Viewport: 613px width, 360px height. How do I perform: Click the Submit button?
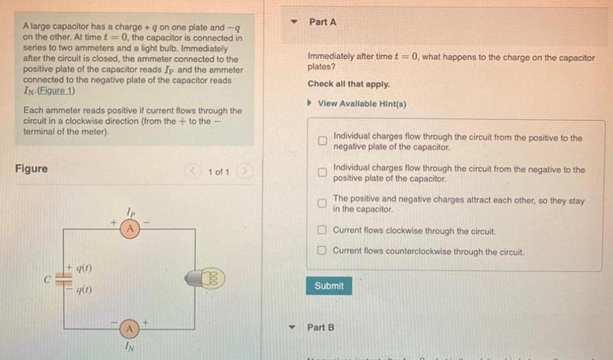(329, 285)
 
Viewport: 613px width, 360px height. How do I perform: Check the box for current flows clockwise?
(321, 231)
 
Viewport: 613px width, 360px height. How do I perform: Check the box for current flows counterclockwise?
(321, 251)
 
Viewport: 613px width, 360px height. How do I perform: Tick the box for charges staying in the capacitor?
(321, 204)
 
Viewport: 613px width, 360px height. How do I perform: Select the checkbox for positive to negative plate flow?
(321, 141)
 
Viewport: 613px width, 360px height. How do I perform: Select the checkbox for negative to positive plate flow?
(321, 173)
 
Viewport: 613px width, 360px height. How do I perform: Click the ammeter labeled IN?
(129, 328)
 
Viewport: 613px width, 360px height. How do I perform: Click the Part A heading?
(323, 22)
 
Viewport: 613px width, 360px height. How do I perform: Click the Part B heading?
(321, 328)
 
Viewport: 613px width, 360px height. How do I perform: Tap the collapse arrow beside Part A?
(295, 22)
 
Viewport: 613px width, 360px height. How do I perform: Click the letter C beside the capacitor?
(47, 278)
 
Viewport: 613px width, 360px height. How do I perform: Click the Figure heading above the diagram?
(32, 169)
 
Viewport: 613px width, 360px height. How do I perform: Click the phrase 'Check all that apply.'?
(349, 84)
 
